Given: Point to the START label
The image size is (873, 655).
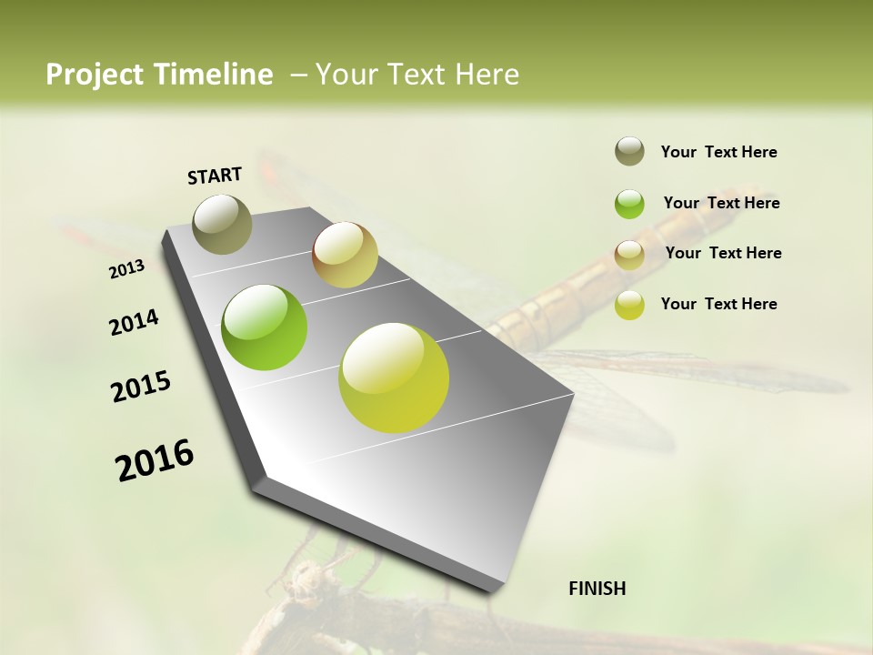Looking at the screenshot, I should [215, 176].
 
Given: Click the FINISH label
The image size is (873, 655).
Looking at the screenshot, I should [597, 589].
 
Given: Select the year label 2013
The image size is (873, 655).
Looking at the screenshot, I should [127, 269].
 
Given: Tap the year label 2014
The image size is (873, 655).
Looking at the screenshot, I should [135, 323].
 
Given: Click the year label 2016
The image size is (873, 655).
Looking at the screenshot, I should [155, 459].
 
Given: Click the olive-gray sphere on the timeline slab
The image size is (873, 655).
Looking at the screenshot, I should [223, 224].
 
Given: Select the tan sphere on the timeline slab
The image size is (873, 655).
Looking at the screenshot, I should [345, 255].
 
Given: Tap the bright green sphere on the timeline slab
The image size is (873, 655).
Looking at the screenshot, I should [265, 327].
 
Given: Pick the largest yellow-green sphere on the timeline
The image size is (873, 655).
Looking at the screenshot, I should [394, 378].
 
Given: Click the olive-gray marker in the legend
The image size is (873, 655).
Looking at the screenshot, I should [629, 152].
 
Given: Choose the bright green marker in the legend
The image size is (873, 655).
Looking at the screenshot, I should [629, 204].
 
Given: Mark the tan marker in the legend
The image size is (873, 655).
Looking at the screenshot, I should [629, 254].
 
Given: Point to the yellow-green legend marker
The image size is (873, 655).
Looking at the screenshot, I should [629, 305].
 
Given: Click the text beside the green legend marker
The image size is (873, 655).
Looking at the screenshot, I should [721, 203].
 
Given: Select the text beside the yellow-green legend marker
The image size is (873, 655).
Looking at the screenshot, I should [718, 304].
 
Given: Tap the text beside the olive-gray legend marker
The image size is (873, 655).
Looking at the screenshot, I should [718, 152].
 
